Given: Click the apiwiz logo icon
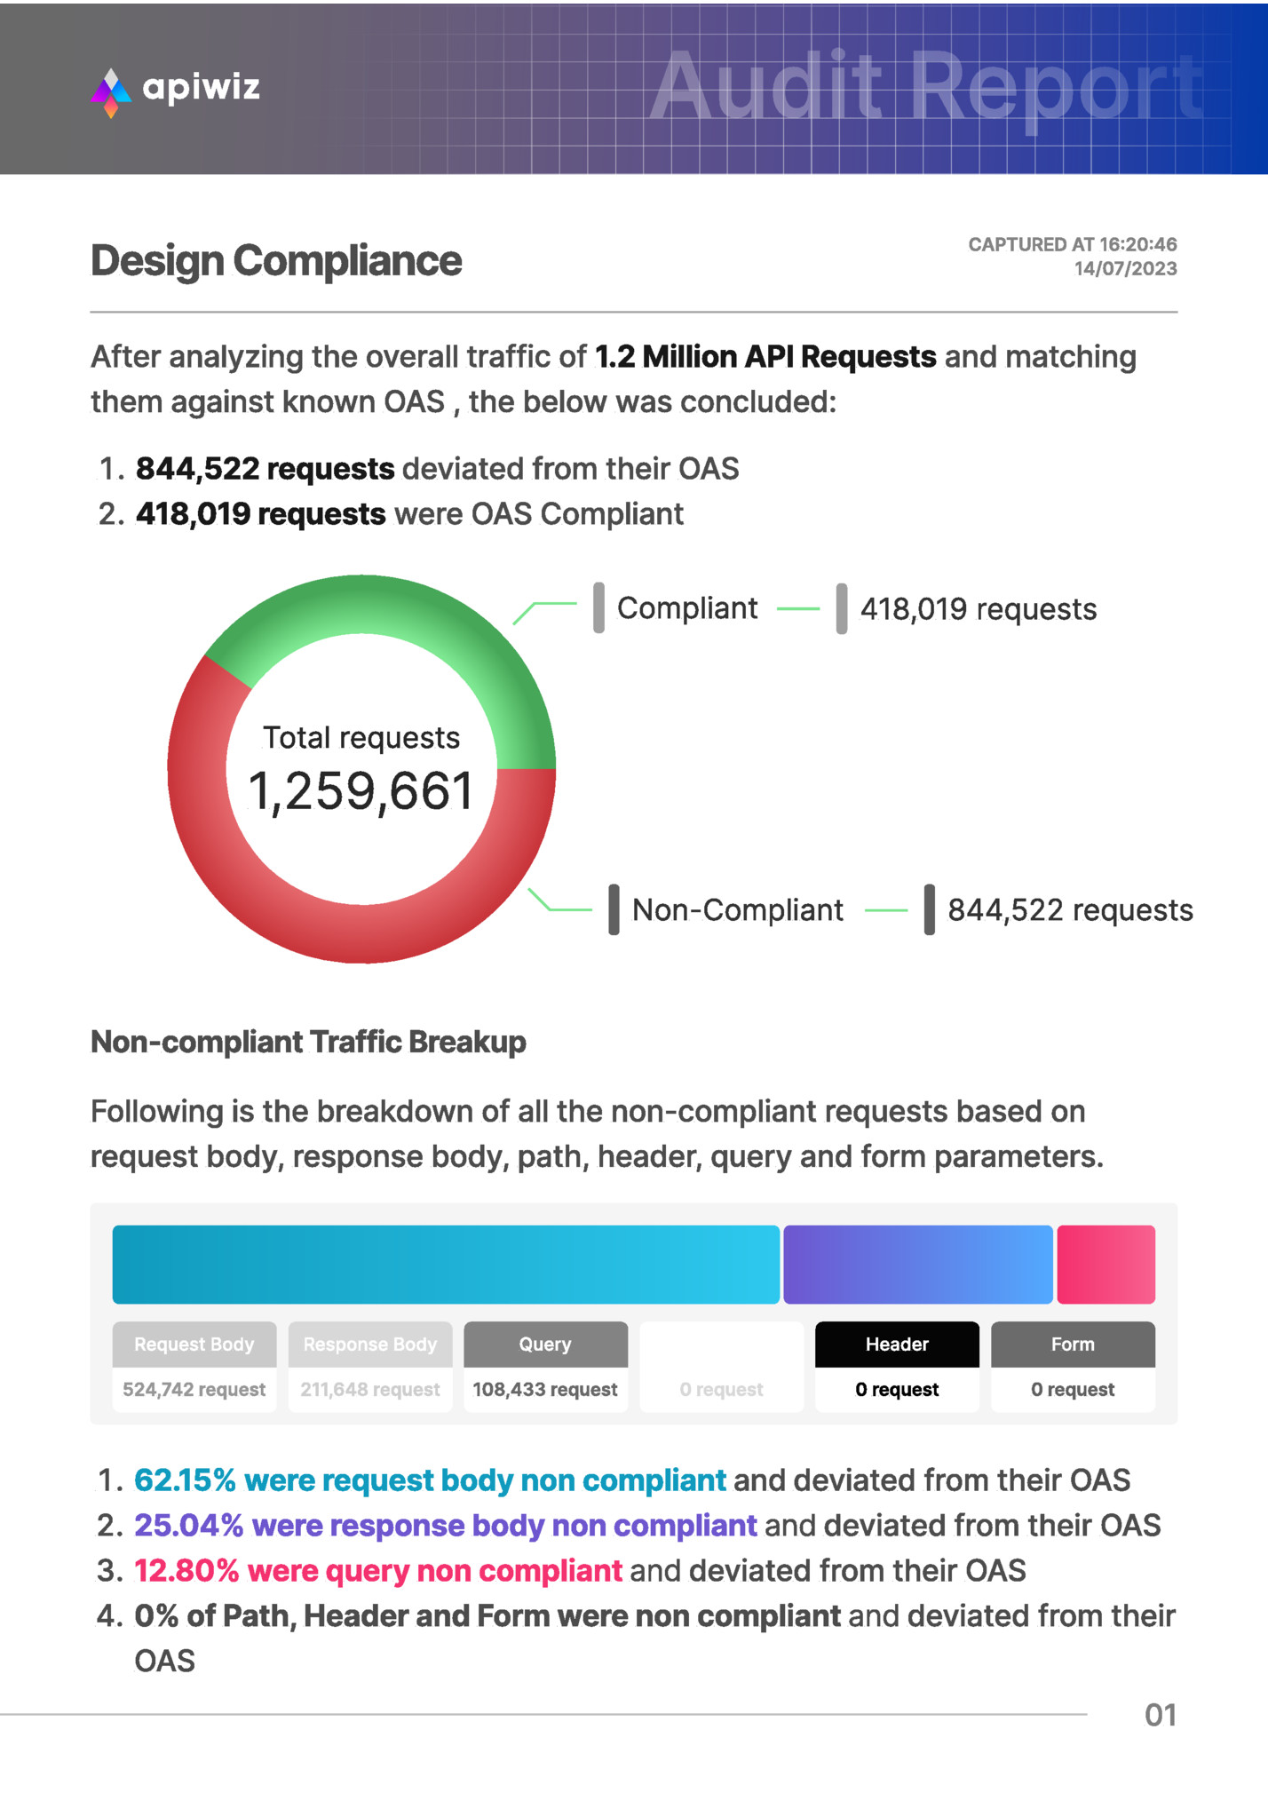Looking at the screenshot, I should [111, 91].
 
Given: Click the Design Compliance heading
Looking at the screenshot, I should [276, 261].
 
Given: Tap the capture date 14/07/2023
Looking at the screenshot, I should [1125, 269].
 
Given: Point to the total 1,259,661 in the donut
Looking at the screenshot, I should [361, 791].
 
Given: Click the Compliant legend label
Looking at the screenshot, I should [687, 608].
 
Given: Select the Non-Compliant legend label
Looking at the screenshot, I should [737, 910].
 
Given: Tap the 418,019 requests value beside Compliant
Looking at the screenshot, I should [978, 609].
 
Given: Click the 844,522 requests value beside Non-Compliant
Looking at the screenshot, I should [1070, 910].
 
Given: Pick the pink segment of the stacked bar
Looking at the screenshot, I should [1106, 1265].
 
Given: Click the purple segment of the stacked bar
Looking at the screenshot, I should [917, 1265].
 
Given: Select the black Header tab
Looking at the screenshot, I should [897, 1345].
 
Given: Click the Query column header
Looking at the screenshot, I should [545, 1345].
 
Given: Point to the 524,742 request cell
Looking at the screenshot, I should [194, 1390].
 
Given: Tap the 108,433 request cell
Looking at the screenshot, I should [545, 1390].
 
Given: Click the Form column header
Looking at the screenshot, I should [1073, 1345].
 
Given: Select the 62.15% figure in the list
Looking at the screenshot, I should [185, 1480].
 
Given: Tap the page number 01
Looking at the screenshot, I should [1161, 1715].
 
